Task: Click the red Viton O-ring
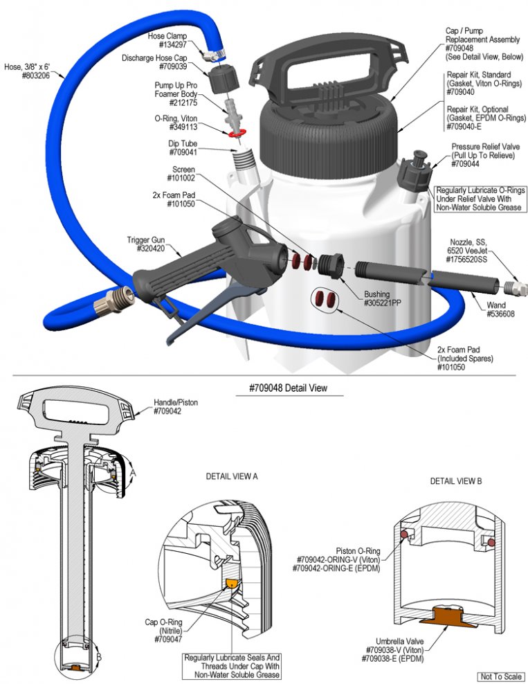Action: tap(235, 133)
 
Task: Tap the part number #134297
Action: tap(173, 44)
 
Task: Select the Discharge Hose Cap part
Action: tap(224, 78)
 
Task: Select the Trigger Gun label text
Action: tap(146, 240)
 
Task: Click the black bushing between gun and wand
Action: tap(330, 264)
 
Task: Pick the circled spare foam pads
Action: tap(325, 299)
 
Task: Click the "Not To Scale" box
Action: tap(500, 676)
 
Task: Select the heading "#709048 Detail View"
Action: tap(288, 388)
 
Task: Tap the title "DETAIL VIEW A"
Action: tap(232, 476)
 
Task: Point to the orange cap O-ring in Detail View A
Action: tap(233, 584)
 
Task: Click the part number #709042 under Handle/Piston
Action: tap(167, 411)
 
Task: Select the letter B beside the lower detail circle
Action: tap(98, 657)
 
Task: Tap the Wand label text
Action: tap(496, 305)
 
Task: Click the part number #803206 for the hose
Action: tap(36, 75)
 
